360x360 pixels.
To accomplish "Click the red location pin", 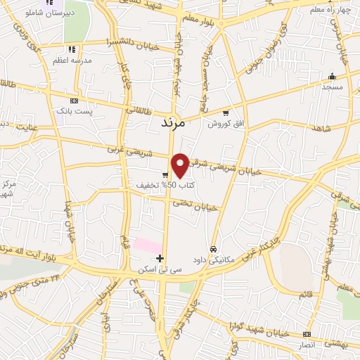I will click(x=181, y=165).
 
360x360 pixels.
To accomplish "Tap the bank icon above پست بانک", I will click(x=74, y=101).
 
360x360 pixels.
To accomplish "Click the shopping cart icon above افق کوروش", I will click(x=225, y=112).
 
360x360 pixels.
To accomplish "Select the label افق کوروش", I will click(x=224, y=123).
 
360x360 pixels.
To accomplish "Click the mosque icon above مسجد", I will click(x=332, y=76).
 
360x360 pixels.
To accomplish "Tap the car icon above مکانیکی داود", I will click(x=213, y=250).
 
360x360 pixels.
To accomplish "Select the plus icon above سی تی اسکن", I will click(x=160, y=258).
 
